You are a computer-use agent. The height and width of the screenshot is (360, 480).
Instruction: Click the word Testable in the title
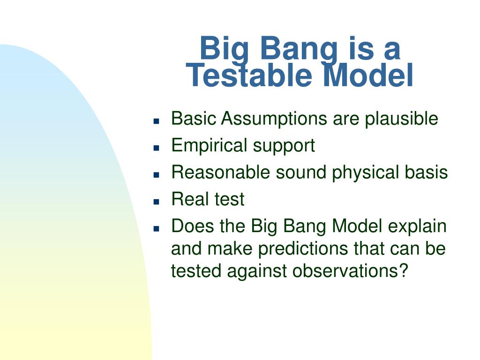coord(249,75)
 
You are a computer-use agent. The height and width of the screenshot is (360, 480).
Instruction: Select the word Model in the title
coord(368,75)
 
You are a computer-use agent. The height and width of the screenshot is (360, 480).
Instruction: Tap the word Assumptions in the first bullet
coord(274,119)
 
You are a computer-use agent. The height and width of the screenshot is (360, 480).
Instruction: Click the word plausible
coord(401,119)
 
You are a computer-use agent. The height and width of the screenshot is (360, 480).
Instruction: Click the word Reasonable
coord(220,172)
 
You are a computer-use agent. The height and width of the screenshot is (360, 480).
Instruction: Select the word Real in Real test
coord(190,199)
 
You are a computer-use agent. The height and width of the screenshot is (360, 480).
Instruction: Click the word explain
coord(417,227)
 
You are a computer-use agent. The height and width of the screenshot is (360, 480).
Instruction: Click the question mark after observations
coord(404,270)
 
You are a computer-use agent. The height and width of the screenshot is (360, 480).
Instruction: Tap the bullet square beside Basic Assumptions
coord(157,121)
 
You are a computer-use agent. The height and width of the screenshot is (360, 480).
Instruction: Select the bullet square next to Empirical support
coord(157,148)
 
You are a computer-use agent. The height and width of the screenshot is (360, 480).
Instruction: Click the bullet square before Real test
coord(157,202)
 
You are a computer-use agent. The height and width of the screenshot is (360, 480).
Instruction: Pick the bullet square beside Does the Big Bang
coord(157,228)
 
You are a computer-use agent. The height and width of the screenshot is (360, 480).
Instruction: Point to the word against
coord(256,271)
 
